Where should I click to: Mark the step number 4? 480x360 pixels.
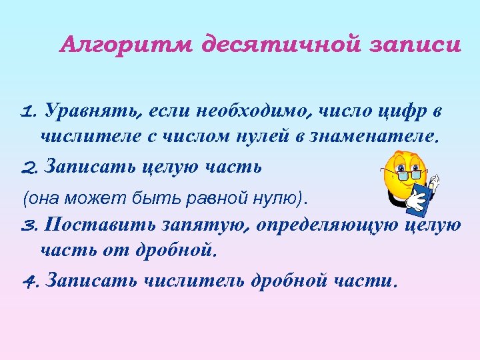pos(30,281)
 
